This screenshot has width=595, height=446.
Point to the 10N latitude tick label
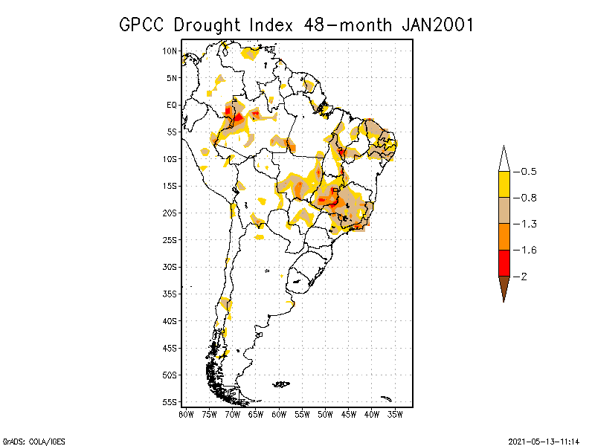pos(170,51)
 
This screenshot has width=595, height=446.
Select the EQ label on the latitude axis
pos(172,105)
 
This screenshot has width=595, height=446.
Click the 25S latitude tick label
pos(170,239)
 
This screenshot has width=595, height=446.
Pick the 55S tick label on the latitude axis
pos(170,401)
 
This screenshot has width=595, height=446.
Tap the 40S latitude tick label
pos(170,320)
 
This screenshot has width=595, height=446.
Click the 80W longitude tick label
pos(186,414)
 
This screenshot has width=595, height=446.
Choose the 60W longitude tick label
pos(279,414)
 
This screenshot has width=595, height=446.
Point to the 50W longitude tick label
pos(325,414)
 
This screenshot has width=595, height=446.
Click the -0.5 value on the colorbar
pos(529,172)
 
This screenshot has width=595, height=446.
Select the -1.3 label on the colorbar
pos(529,224)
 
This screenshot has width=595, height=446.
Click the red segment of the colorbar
pos(504,262)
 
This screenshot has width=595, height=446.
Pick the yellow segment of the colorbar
pos(504,184)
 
